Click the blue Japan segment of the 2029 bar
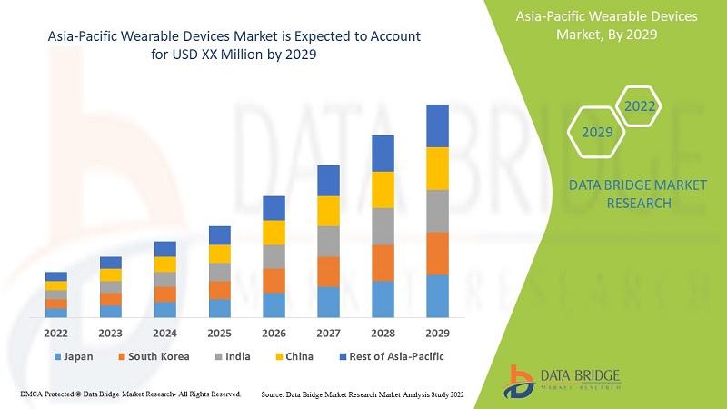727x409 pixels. click(438, 295)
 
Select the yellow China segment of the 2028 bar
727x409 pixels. click(383, 189)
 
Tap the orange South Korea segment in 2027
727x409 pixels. click(329, 272)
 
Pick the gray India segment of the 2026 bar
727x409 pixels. click(274, 256)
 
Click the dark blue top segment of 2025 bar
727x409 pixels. click(220, 235)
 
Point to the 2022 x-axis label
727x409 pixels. click(56, 333)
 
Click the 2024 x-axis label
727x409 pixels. click(165, 333)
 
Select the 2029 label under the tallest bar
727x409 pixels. click(438, 333)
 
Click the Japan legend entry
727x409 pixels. click(74, 356)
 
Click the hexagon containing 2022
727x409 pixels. click(640, 106)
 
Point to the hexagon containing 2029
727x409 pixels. click(597, 132)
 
